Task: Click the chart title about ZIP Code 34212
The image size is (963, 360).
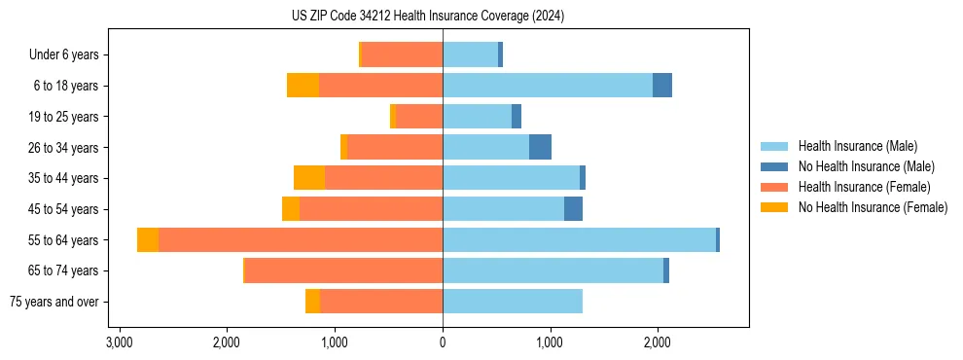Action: tap(428, 17)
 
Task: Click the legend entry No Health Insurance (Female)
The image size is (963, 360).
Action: tap(873, 207)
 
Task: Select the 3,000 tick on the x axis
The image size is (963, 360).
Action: tap(120, 342)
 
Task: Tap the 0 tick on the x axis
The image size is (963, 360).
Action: tap(443, 342)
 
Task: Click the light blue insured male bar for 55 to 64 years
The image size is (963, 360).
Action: tap(579, 240)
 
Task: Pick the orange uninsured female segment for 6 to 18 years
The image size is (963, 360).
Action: tap(303, 86)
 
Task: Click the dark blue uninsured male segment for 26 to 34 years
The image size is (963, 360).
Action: tap(540, 147)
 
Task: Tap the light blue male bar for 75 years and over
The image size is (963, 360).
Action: tap(513, 302)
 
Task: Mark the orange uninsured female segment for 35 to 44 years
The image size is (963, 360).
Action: tap(309, 178)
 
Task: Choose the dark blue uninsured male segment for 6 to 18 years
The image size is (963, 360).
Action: tap(662, 86)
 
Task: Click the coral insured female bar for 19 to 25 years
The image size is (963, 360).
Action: tap(419, 117)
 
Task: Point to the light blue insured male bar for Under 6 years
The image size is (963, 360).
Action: tap(470, 55)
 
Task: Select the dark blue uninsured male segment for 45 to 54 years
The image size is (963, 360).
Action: tap(573, 209)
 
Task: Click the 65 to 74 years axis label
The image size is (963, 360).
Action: tap(63, 270)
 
